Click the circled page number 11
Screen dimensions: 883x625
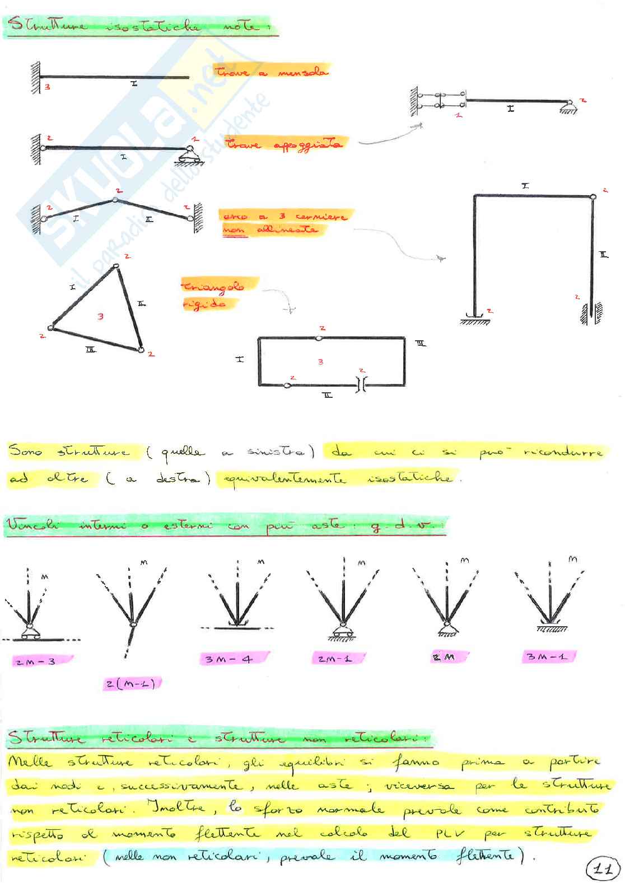[x=601, y=868]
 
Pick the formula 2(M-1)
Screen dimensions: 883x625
[x=130, y=684]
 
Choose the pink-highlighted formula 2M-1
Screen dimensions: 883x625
[x=335, y=659]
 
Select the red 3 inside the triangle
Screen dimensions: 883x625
[x=100, y=317]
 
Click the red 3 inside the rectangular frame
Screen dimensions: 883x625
[x=320, y=362]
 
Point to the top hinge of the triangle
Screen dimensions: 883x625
[x=116, y=266]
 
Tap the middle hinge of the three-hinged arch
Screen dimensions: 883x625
[x=115, y=199]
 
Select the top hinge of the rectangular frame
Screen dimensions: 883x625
[x=319, y=337]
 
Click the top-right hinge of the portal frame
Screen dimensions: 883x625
[x=593, y=196]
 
